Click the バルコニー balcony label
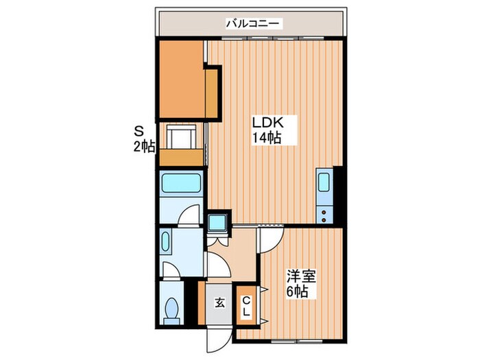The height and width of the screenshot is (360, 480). (252, 24)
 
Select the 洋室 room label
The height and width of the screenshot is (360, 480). (301, 277)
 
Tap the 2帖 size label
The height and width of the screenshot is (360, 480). (144, 146)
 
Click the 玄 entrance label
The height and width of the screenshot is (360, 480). (219, 302)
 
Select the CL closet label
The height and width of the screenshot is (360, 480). (245, 307)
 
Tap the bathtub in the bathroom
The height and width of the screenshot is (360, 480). (181, 183)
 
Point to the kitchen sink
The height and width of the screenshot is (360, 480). (324, 184)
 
